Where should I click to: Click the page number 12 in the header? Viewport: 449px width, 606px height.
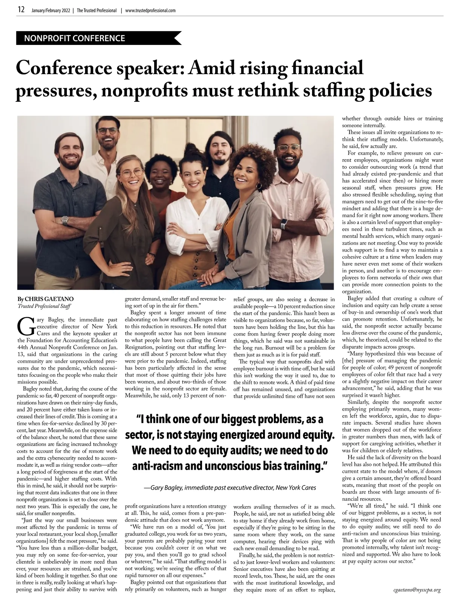[x=21, y=10]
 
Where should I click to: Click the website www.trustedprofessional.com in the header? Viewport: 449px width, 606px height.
[x=150, y=10]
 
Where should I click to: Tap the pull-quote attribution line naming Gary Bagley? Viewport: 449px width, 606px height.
[x=230, y=488]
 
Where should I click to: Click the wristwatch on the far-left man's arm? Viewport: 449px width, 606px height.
[x=65, y=220]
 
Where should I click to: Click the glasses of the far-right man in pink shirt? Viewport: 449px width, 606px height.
[x=288, y=147]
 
